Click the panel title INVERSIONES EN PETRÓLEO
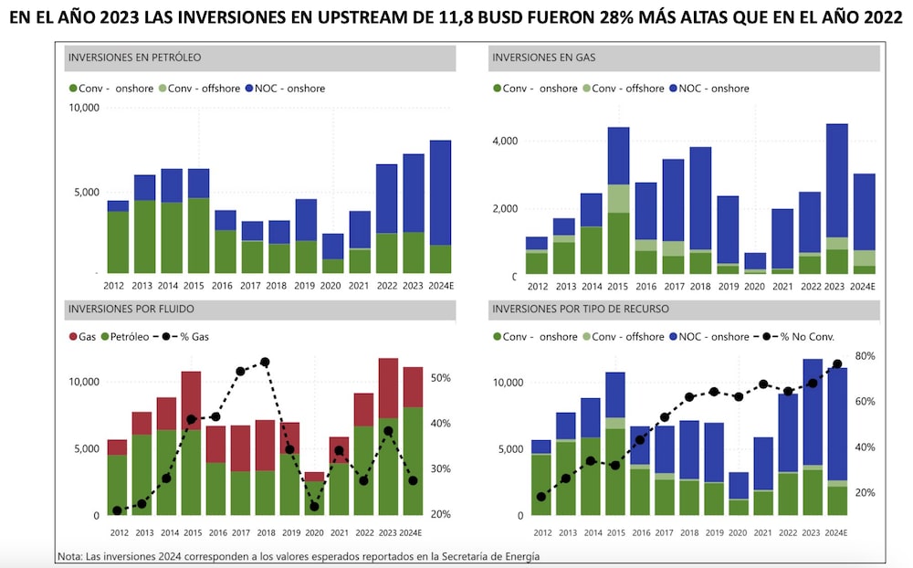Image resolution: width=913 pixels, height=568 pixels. [x=134, y=58]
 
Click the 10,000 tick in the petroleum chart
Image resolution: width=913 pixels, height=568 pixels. [x=84, y=108]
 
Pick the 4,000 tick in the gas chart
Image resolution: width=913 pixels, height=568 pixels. [x=504, y=141]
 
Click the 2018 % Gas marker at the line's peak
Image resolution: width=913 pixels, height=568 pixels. [x=265, y=363]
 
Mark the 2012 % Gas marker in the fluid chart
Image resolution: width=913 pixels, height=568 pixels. [x=117, y=510]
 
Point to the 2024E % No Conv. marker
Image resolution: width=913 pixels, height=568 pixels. [x=836, y=364]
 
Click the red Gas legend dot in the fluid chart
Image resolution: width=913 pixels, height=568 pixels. [x=73, y=337]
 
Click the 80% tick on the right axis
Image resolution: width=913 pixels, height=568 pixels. [x=865, y=356]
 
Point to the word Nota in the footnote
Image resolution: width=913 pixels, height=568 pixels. [x=68, y=555]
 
